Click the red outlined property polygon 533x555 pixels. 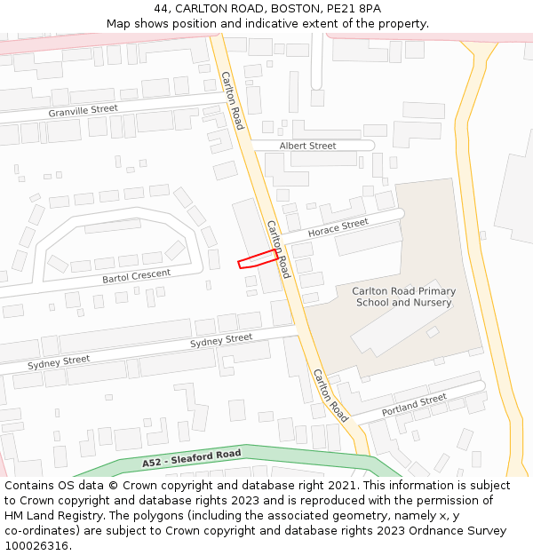click(258, 258)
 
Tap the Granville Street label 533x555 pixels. click(84, 109)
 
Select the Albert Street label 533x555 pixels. click(307, 146)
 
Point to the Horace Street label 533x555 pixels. click(338, 228)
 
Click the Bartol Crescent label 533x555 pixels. click(136, 276)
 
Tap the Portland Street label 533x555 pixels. click(414, 406)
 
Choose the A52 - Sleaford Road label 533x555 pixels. click(191, 459)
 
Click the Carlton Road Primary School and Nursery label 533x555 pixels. click(403, 297)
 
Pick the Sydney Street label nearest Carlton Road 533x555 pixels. click(221, 340)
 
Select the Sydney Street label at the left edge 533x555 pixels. click(59, 361)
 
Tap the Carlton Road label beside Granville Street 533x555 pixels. click(232, 100)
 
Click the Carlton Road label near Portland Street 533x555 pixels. click(330, 395)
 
